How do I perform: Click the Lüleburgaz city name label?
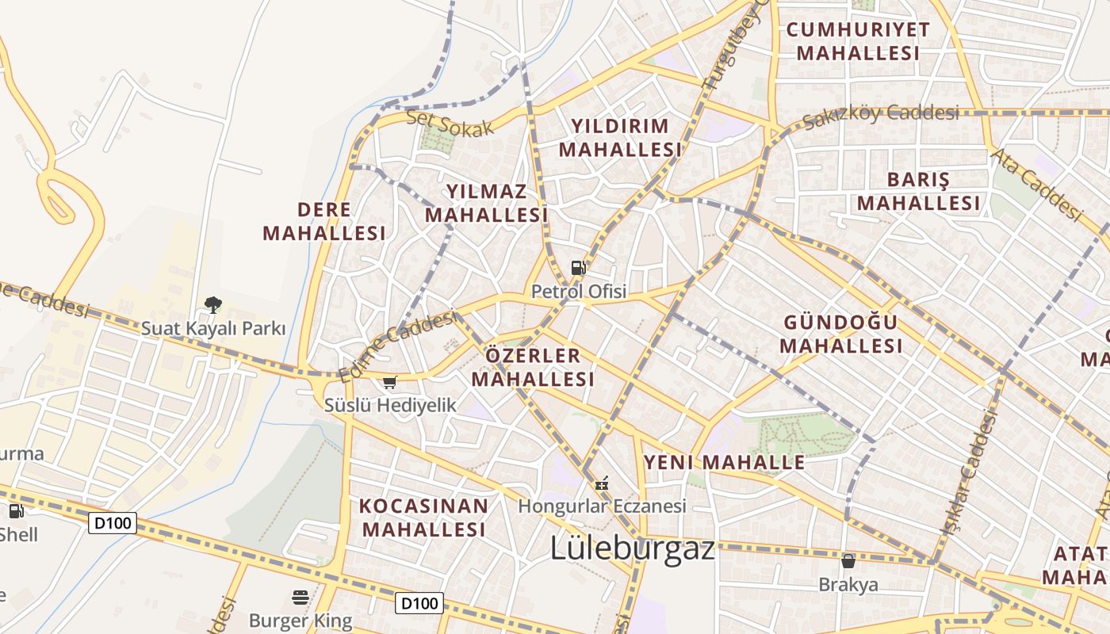pyautogui.click(x=633, y=548)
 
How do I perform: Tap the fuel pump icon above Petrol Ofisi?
pyautogui.click(x=579, y=268)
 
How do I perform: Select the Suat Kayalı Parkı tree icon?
pyautogui.click(x=212, y=304)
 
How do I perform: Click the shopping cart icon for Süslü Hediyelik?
pyautogui.click(x=389, y=383)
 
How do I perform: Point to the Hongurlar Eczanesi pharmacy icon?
pyautogui.click(x=602, y=483)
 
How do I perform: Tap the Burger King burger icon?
pyautogui.click(x=300, y=598)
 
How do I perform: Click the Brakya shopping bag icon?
pyautogui.click(x=848, y=561)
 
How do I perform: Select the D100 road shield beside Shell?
pyautogui.click(x=113, y=523)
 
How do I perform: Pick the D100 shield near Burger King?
pyautogui.click(x=419, y=603)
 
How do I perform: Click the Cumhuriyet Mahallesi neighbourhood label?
pyautogui.click(x=858, y=42)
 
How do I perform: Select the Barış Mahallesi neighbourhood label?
pyautogui.click(x=918, y=191)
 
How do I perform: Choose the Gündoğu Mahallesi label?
pyautogui.click(x=841, y=334)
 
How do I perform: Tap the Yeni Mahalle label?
pyautogui.click(x=724, y=462)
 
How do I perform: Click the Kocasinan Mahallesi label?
pyautogui.click(x=423, y=518)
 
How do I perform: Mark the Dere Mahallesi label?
pyautogui.click(x=324, y=221)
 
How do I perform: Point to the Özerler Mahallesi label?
pyautogui.click(x=533, y=367)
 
